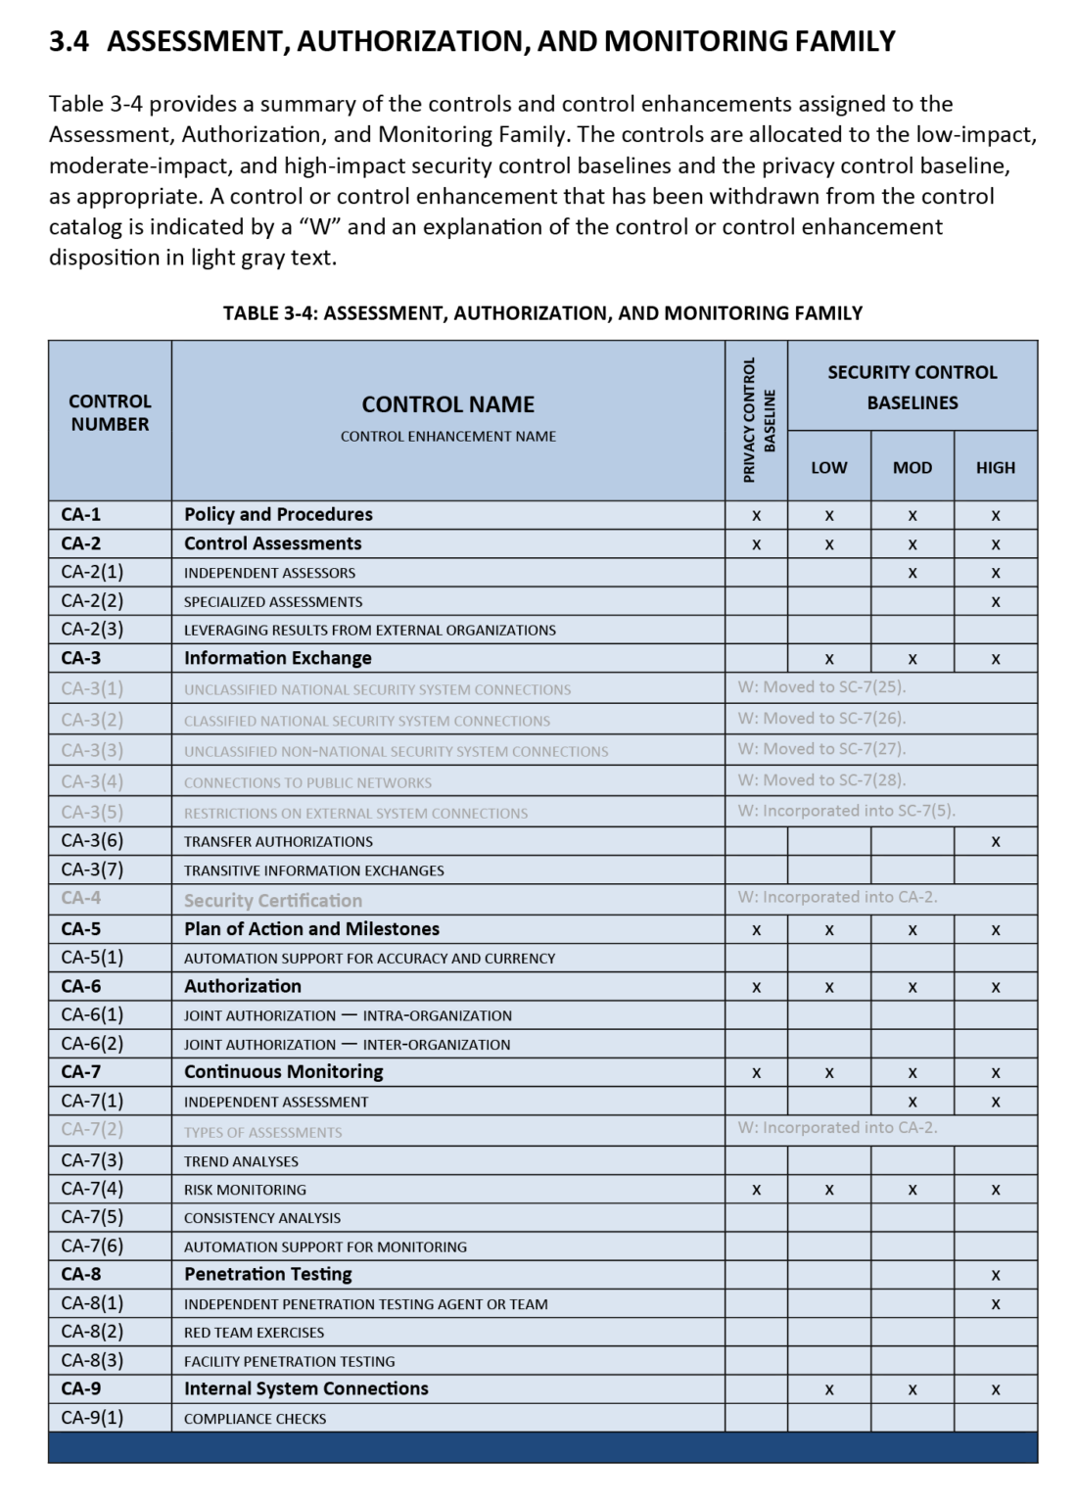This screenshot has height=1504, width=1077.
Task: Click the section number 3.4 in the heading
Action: click(69, 41)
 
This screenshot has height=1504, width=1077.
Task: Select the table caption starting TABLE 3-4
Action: click(542, 313)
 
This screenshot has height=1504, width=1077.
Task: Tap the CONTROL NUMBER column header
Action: click(110, 413)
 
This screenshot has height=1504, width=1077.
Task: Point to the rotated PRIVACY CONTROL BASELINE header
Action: click(758, 419)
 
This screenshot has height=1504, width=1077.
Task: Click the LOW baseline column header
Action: click(828, 468)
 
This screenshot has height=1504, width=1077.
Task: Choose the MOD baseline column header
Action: click(912, 468)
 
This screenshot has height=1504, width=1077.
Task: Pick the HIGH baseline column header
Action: click(995, 468)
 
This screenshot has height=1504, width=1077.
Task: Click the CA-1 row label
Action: click(81, 515)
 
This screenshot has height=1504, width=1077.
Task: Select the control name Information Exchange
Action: click(277, 658)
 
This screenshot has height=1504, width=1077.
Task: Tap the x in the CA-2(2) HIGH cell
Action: click(995, 602)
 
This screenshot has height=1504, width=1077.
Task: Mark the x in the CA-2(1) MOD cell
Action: click(912, 573)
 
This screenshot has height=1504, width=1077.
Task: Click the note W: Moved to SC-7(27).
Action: click(821, 749)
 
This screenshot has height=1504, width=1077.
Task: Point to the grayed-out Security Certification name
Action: click(272, 901)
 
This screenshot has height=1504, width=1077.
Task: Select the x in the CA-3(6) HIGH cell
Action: click(995, 842)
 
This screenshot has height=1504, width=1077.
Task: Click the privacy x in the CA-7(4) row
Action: click(756, 1190)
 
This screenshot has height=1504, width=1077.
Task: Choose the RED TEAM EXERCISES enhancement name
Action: click(254, 1333)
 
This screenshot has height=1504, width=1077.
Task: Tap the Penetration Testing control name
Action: click(267, 1275)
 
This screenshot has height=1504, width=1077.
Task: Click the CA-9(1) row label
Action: click(92, 1418)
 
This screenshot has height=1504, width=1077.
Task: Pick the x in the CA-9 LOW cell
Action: click(828, 1390)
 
